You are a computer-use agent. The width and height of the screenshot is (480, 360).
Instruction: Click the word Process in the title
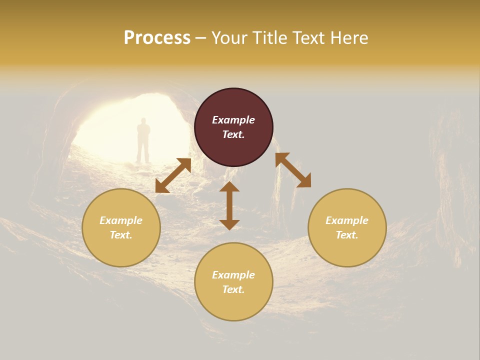tap(157, 38)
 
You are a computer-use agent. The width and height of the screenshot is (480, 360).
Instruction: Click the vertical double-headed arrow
tap(229, 205)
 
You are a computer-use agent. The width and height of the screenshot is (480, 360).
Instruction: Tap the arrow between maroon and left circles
tap(173, 175)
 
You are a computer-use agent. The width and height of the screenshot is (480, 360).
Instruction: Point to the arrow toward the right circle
tap(293, 170)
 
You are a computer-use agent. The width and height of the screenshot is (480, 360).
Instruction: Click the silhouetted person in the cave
tap(143, 140)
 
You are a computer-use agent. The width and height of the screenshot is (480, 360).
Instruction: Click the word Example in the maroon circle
tap(233, 120)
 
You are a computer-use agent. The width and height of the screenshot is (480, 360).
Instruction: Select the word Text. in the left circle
tap(121, 235)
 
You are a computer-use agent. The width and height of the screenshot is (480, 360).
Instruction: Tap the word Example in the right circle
tap(347, 220)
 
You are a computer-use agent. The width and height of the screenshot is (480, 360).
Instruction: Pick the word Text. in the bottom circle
tap(233, 289)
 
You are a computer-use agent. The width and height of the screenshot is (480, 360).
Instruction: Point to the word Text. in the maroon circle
tap(233, 134)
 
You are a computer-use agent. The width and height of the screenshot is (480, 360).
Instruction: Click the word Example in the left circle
tap(121, 220)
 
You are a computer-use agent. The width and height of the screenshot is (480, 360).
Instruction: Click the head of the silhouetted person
tap(143, 121)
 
